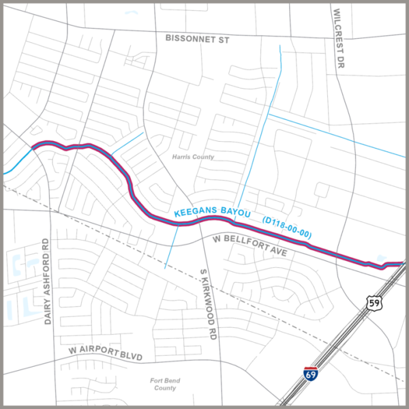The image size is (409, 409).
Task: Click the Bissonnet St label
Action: point(197,40)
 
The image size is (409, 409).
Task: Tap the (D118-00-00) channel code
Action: point(286,227)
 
